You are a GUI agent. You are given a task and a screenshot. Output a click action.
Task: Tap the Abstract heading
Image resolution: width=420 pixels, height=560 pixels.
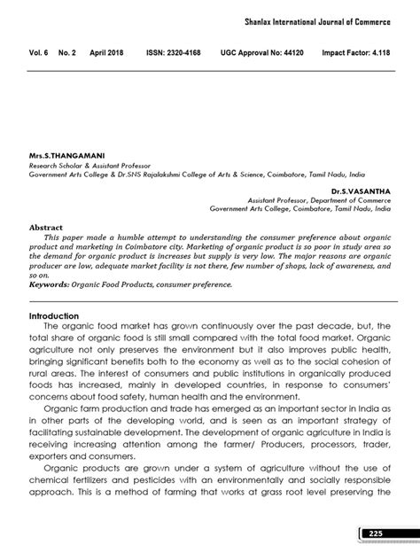[46, 227]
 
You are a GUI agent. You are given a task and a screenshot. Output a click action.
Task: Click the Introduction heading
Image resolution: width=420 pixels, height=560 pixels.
[54, 315]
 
